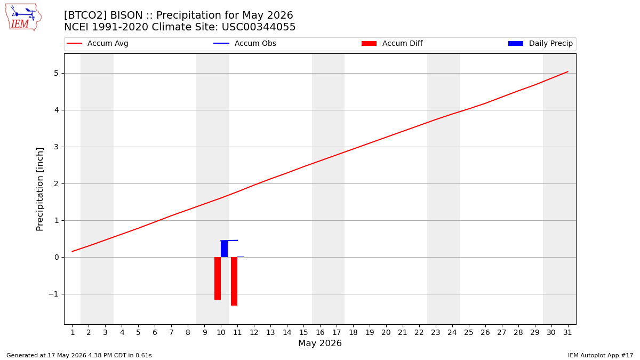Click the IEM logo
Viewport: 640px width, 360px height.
pyautogui.click(x=23, y=17)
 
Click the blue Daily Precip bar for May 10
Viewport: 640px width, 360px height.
pyautogui.click(x=225, y=249)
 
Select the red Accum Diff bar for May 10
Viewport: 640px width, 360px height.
pyautogui.click(x=218, y=278)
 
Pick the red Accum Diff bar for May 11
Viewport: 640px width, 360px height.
pyautogui.click(x=234, y=282)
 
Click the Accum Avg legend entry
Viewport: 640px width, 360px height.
pyautogui.click(x=98, y=43)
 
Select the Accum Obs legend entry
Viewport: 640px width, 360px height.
pyautogui.click(x=245, y=43)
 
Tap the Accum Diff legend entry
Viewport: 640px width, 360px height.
pyautogui.click(x=392, y=43)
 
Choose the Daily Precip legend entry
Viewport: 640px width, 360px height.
pyautogui.click(x=541, y=43)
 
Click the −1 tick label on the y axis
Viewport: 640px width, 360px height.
pyautogui.click(x=53, y=294)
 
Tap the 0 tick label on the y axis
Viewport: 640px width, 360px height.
pyautogui.click(x=57, y=258)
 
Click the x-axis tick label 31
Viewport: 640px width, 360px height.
pyautogui.click(x=567, y=333)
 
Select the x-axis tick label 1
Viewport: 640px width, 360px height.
pyautogui.click(x=73, y=333)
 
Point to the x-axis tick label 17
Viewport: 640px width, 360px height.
pyautogui.click(x=337, y=333)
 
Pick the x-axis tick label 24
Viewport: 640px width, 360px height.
pyautogui.click(x=452, y=333)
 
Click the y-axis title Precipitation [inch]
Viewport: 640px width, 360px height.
pyautogui.click(x=40, y=189)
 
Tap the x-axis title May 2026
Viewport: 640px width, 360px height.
pyautogui.click(x=320, y=343)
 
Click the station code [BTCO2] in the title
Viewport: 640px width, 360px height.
pyautogui.click(x=85, y=15)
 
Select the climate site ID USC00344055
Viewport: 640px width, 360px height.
pyautogui.click(x=259, y=27)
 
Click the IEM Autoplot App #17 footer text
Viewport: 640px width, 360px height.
pyautogui.click(x=601, y=355)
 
